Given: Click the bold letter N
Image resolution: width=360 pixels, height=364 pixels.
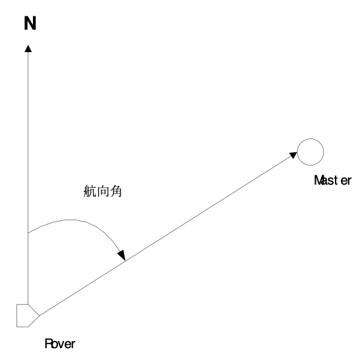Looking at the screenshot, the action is coord(30,23).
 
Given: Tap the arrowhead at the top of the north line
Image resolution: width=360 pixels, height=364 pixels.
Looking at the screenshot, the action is coord(28,49).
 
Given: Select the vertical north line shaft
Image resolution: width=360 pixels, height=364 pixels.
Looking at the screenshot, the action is coord(28,178).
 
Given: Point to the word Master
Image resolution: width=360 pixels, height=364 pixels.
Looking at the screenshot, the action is coord(332,181).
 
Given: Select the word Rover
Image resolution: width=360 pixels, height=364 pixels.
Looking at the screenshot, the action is coord(60,344).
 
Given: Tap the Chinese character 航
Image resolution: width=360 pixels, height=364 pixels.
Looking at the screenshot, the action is coord(90,191).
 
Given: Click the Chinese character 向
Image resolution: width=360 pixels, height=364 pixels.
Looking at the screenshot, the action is coord(103,191).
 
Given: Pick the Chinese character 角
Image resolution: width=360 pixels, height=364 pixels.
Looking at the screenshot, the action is coord(116,191).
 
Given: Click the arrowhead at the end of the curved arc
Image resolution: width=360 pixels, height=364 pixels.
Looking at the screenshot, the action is coord(122,255).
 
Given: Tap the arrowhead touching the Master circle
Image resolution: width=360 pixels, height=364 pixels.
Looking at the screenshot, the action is coord(293,155).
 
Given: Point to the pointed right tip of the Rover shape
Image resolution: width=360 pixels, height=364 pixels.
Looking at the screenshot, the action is coord(40,315).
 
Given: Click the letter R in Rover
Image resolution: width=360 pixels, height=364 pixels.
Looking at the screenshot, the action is coord(48,344).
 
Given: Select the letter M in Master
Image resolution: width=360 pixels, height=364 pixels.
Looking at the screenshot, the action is coord(318,180).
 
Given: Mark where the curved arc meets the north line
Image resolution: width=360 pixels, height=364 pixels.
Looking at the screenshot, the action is coord(28,233).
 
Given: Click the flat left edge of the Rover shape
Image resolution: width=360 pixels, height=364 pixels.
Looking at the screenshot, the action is coord(16,315).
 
